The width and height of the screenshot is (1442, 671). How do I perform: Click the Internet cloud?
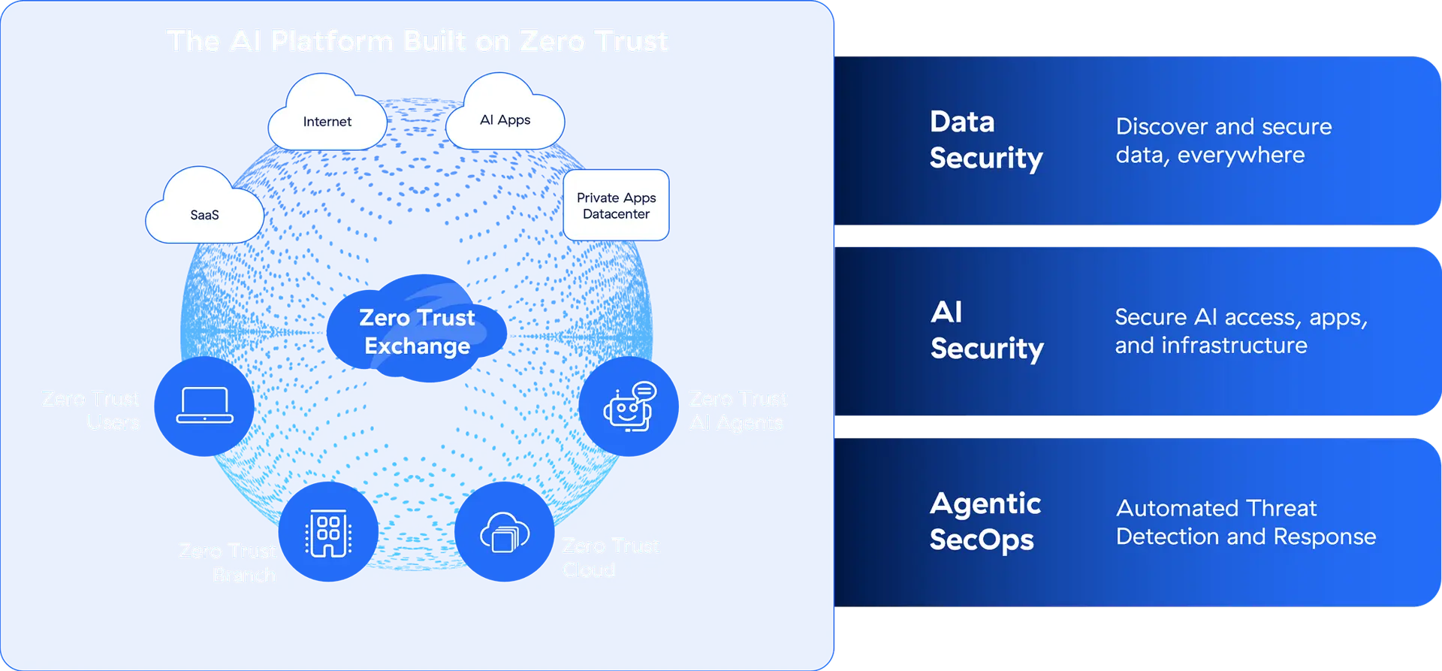pyautogui.click(x=327, y=118)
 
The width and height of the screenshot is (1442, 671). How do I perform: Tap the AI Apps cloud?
pyautogui.click(x=505, y=116)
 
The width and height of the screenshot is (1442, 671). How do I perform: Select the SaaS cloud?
pyautogui.click(x=204, y=210)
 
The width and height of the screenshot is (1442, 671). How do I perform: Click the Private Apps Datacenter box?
pyautogui.click(x=616, y=205)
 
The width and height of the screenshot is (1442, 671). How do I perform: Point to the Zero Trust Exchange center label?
pyautogui.click(x=417, y=331)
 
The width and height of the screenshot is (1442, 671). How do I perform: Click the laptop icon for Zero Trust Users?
pyautogui.click(x=205, y=405)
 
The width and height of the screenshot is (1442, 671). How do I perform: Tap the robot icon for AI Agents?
pyautogui.click(x=629, y=407)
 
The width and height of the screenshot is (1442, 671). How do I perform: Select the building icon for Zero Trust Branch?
pyautogui.click(x=328, y=533)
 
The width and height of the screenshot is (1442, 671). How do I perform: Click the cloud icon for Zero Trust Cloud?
pyautogui.click(x=505, y=533)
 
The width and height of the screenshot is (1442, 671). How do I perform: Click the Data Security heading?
pyautogui.click(x=985, y=140)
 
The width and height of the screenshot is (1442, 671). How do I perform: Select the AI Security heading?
pyautogui.click(x=986, y=331)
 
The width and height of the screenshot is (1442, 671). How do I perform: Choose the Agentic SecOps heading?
pyautogui.click(x=985, y=521)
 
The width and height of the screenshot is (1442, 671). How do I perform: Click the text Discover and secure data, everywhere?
pyautogui.click(x=1223, y=141)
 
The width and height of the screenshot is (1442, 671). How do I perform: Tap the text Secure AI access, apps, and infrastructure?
pyautogui.click(x=1240, y=331)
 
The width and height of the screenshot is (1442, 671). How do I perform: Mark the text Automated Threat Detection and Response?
pyautogui.click(x=1245, y=522)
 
